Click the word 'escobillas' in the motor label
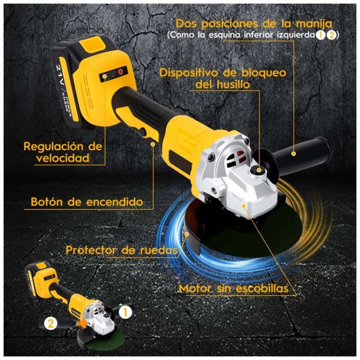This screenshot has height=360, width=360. [x=262, y=288]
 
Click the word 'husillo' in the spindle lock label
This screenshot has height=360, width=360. [x=233, y=85]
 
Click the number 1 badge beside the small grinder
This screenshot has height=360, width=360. [x=126, y=312]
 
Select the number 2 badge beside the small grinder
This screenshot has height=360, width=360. [x=51, y=324]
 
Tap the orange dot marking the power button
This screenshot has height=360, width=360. [x=153, y=144]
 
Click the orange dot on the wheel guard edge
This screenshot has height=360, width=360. [x=187, y=234]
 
